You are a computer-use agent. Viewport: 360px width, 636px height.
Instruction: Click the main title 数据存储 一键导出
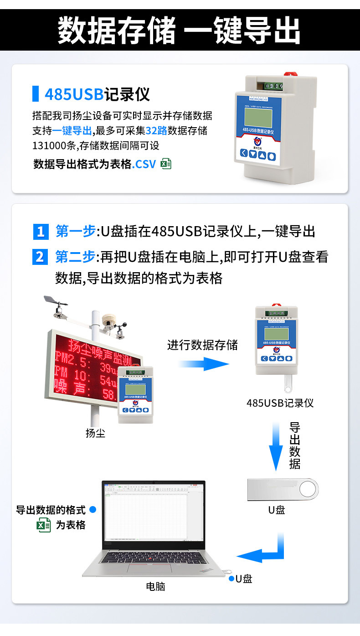click(180, 30)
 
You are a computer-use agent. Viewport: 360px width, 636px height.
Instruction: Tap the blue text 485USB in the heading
click(74, 94)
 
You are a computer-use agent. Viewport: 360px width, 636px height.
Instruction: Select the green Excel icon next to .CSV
click(166, 164)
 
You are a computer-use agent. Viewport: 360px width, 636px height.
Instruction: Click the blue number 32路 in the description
click(156, 131)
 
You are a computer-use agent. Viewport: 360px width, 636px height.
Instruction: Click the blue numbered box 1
click(41, 232)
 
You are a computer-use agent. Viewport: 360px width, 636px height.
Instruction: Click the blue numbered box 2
click(41, 257)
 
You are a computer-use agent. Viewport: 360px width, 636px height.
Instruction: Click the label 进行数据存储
click(202, 345)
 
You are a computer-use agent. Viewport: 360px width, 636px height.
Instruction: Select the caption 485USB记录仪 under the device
click(280, 403)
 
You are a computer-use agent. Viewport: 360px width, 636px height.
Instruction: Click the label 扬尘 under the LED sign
click(95, 433)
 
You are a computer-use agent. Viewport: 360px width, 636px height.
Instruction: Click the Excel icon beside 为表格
click(44, 525)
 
